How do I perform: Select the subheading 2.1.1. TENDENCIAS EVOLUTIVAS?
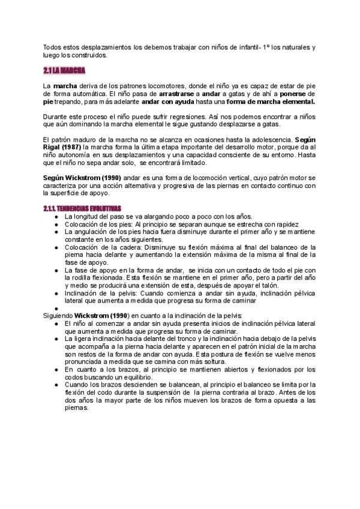82,208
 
